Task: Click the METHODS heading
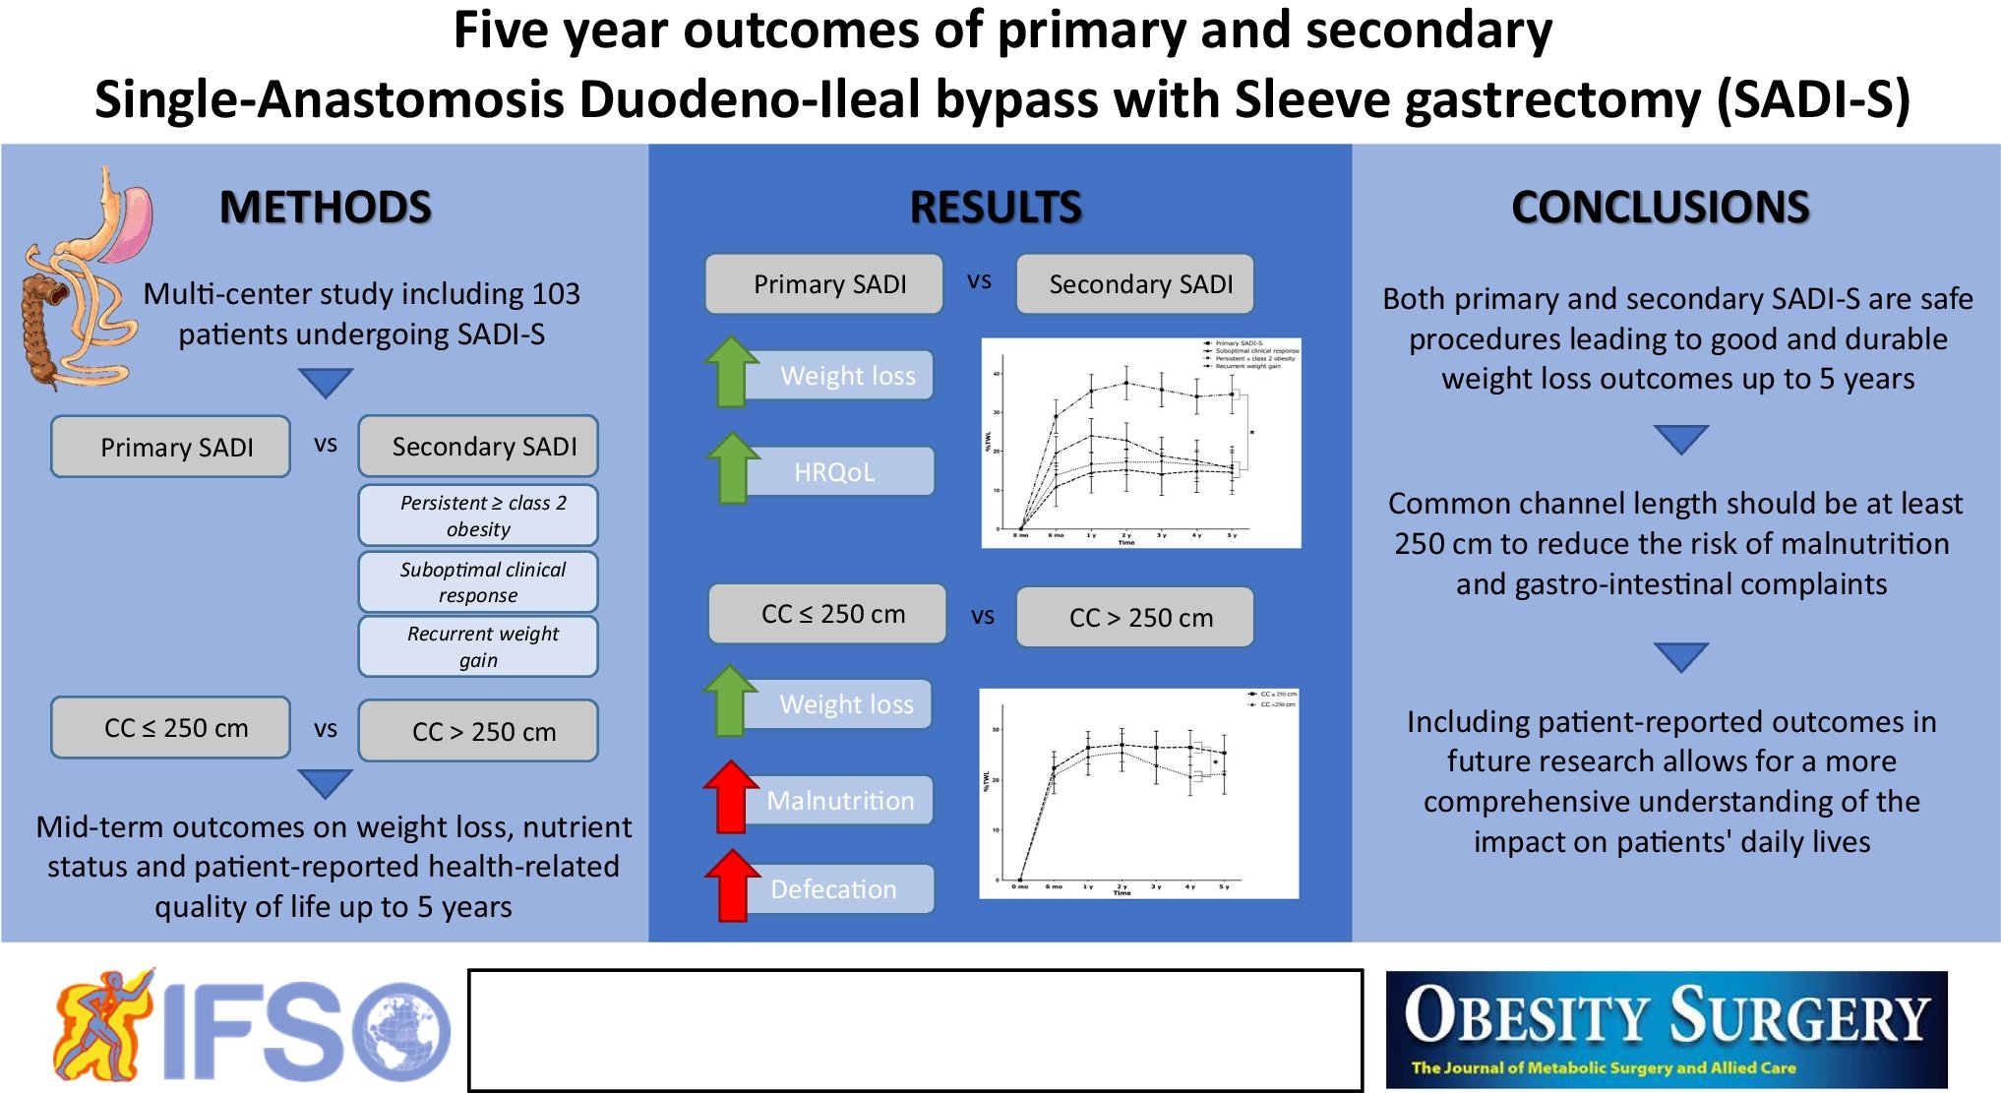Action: point(325,208)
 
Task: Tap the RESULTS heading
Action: point(996,208)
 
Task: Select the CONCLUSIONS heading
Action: point(1660,208)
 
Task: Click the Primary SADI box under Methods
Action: point(171,447)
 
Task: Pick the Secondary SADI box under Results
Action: point(1135,284)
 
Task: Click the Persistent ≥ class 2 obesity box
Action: point(478,516)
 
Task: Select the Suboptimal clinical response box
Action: point(478,582)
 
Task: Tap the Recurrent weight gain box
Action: point(478,646)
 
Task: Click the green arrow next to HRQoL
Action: point(732,468)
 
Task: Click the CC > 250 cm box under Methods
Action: point(478,731)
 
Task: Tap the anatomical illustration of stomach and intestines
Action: point(84,280)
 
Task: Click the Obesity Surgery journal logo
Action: point(1666,1029)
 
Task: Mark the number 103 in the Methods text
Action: point(556,293)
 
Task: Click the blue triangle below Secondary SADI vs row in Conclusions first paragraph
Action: point(1680,439)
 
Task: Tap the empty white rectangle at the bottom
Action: point(915,1030)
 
